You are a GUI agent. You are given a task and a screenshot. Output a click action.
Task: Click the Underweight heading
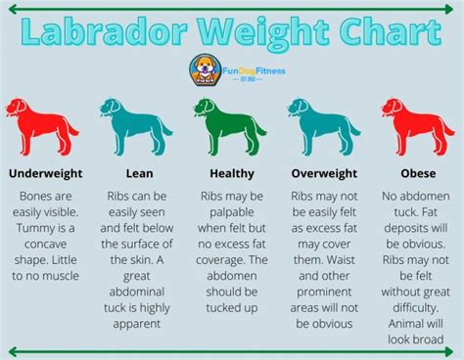pos(45,174)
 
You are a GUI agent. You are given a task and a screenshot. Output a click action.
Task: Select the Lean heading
pos(138,174)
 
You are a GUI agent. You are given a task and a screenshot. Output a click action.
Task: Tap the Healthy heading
pos(232,174)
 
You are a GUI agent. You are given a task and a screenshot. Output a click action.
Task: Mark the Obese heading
pos(418,174)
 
